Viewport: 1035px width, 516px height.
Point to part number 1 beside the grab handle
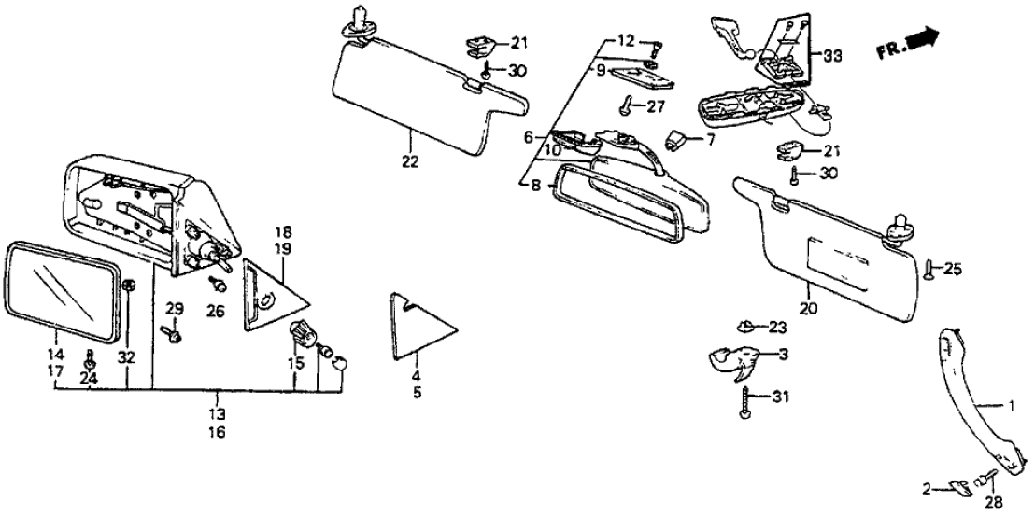coord(1010,406)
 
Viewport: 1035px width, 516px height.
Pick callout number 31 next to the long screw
coord(782,399)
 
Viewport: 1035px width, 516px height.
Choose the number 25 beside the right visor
coord(952,270)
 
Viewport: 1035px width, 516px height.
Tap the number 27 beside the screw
coord(656,105)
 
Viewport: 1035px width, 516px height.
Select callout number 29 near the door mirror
coord(174,309)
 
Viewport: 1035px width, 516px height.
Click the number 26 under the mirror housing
coord(216,311)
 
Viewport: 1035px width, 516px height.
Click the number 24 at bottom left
coord(90,378)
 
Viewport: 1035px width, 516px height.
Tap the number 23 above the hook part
coord(777,328)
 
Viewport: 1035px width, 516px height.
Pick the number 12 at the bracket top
coord(624,41)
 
